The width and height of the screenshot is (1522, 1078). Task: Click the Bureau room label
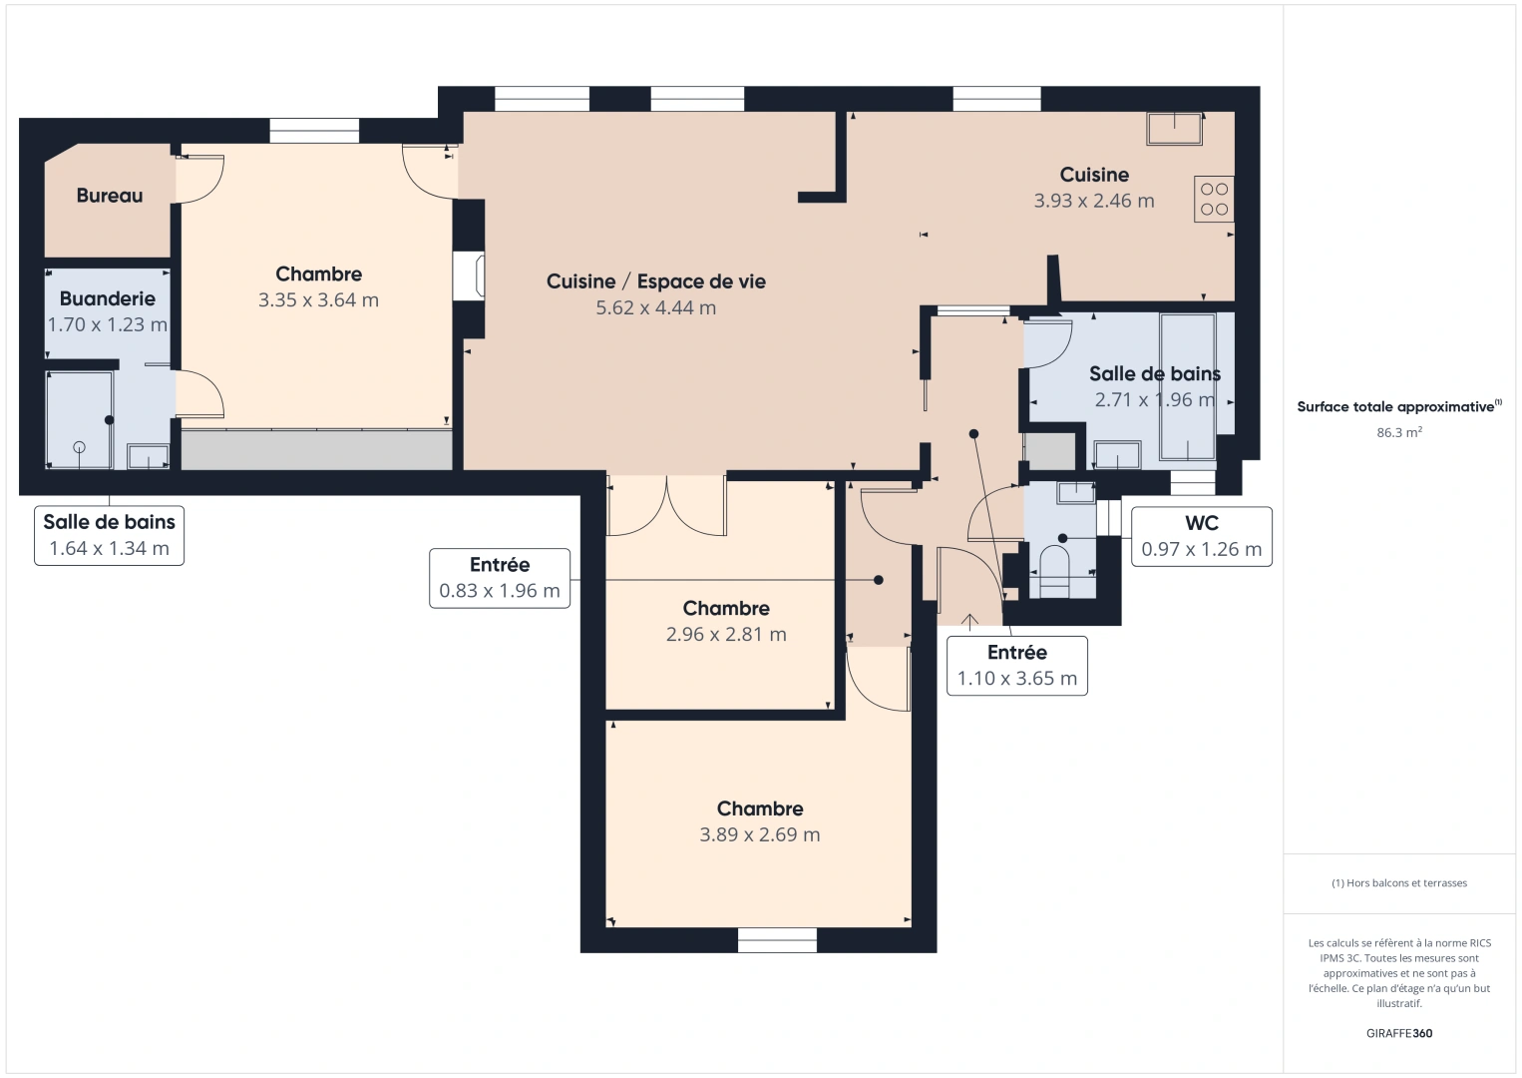[110, 196]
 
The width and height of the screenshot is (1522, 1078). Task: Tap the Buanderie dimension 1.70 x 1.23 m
[107, 324]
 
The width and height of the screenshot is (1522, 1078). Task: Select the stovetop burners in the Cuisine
[1214, 199]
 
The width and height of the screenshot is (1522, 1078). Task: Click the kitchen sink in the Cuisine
[1174, 129]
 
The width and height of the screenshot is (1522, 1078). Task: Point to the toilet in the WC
[1054, 570]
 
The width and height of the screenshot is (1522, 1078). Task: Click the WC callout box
[1201, 536]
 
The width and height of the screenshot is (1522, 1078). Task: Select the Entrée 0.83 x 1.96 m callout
[500, 578]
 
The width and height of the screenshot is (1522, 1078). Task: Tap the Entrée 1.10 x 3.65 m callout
[1016, 666]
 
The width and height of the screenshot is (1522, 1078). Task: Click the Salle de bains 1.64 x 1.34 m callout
[109, 536]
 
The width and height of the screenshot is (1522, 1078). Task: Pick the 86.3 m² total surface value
[1398, 433]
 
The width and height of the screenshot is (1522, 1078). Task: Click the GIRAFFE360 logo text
[1398, 1033]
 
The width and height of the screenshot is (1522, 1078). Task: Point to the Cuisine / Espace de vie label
[655, 281]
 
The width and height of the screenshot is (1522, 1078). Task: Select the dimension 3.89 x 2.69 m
[759, 834]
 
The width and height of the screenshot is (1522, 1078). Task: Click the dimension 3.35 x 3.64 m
[318, 299]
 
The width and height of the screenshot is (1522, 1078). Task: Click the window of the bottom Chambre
[777, 939]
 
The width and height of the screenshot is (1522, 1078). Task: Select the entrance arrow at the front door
[969, 622]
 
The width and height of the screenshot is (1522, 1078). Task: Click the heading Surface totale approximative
[1396, 407]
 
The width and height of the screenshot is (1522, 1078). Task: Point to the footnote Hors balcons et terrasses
[1399, 883]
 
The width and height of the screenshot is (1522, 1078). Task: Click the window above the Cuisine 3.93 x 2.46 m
[996, 98]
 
